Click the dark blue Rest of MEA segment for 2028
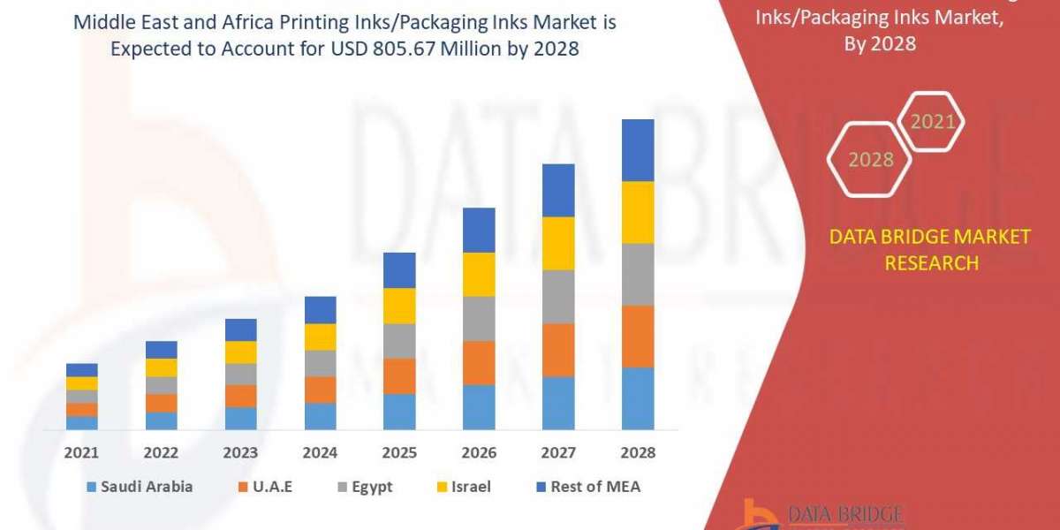pyautogui.click(x=638, y=150)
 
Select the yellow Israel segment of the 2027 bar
pyautogui.click(x=558, y=243)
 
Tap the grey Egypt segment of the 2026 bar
pyautogui.click(x=479, y=318)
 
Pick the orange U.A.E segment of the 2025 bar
pyautogui.click(x=399, y=375)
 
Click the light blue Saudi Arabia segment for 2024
pyautogui.click(x=320, y=416)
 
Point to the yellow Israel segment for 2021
pyautogui.click(x=82, y=382)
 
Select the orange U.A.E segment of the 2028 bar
pyautogui.click(x=638, y=336)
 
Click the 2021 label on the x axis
pyautogui.click(x=82, y=452)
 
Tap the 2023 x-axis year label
pyautogui.click(x=241, y=452)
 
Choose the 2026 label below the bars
pyautogui.click(x=479, y=452)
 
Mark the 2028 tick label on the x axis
pyautogui.click(x=638, y=452)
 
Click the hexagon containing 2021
pyautogui.click(x=932, y=122)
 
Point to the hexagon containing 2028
pyautogui.click(x=870, y=160)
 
